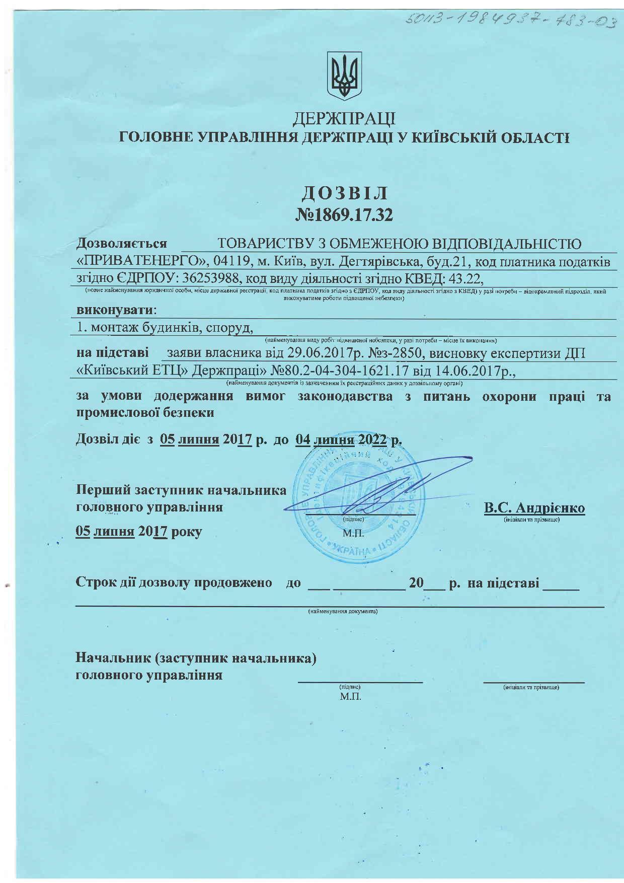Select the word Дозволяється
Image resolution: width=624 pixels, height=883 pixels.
(122, 244)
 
